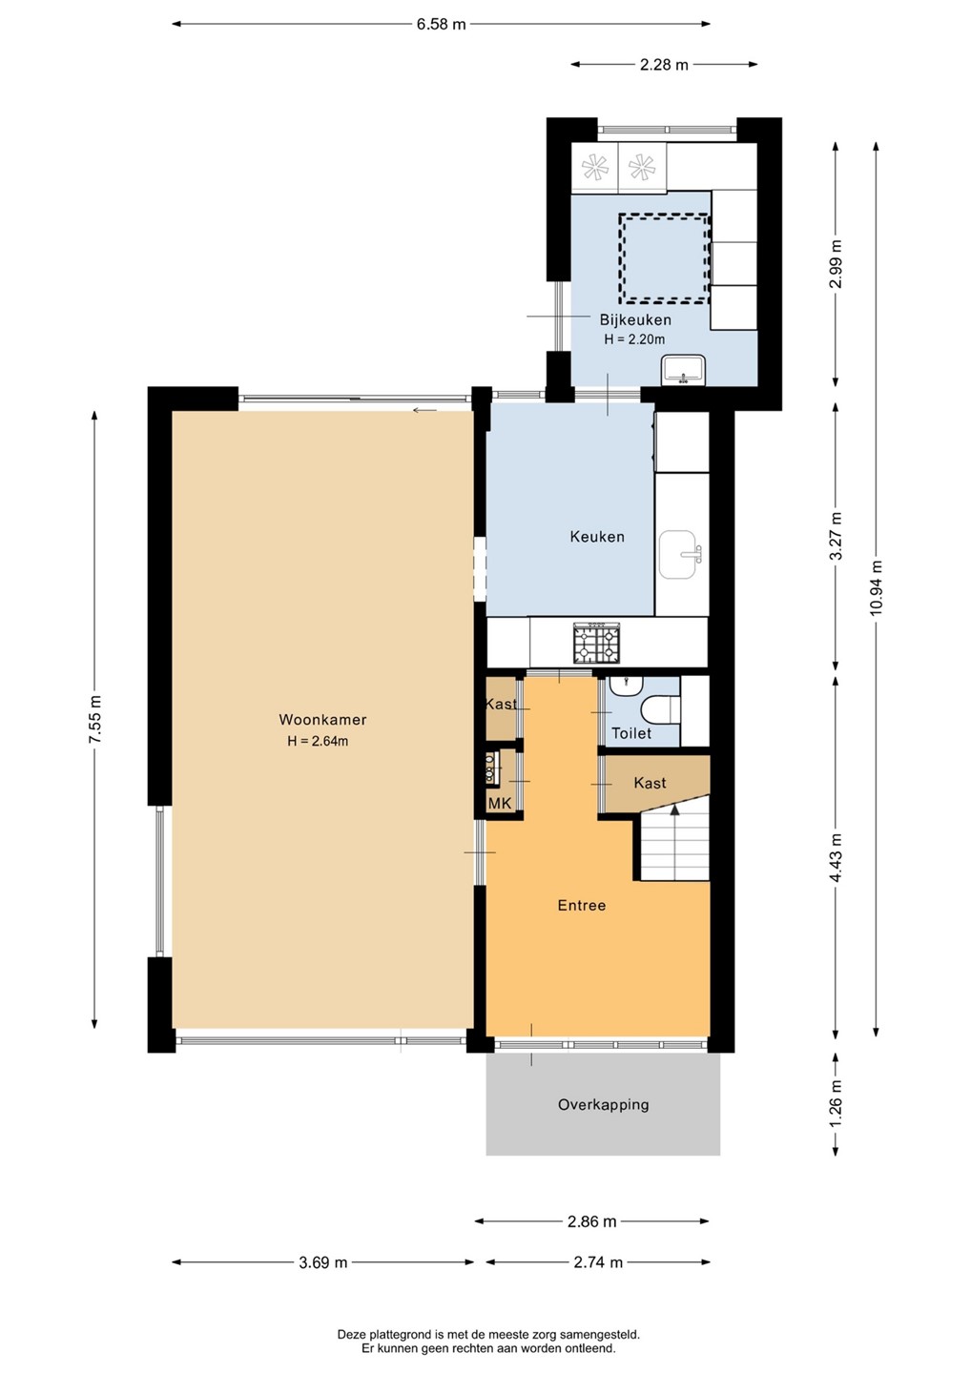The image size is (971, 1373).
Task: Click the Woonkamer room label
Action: (x=322, y=719)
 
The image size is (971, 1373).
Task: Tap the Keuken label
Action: (x=597, y=537)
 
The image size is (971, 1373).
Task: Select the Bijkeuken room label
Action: (x=635, y=319)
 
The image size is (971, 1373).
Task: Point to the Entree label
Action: (x=581, y=905)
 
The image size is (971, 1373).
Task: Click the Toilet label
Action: (x=631, y=733)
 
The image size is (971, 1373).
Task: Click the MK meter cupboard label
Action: (x=500, y=804)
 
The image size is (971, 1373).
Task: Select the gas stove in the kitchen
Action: (x=596, y=643)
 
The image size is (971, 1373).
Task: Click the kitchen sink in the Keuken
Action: (x=680, y=555)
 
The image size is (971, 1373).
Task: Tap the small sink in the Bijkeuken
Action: (x=684, y=371)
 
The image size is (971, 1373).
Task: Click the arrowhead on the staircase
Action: (x=675, y=809)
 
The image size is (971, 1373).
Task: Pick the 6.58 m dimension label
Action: (x=441, y=25)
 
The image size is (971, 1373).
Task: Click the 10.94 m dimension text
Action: (x=876, y=587)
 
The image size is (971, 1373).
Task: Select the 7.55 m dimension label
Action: (x=95, y=720)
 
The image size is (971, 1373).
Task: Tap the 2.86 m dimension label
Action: (x=591, y=1221)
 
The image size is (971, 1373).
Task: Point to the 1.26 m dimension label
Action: (x=836, y=1102)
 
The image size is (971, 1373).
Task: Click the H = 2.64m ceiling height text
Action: (x=318, y=741)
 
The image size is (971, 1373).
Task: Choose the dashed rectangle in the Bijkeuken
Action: (x=665, y=258)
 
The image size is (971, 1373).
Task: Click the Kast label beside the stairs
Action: (x=650, y=783)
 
